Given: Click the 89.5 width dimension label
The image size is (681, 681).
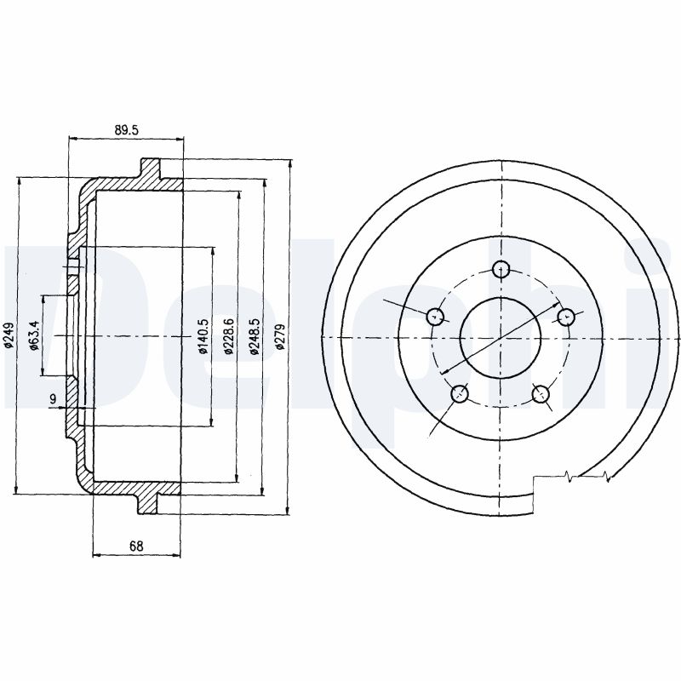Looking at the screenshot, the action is click(126, 130).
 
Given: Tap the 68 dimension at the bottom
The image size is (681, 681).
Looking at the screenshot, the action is click(136, 546).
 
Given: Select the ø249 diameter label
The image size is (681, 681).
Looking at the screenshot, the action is click(9, 335).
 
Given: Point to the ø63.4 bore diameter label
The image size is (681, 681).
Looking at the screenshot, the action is click(34, 335).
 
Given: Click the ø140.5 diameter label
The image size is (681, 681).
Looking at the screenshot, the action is click(203, 335).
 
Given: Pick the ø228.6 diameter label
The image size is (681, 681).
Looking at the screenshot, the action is click(229, 335).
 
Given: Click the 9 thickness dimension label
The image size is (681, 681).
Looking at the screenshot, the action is click(53, 398).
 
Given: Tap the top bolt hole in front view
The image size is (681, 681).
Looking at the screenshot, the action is click(501, 269).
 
